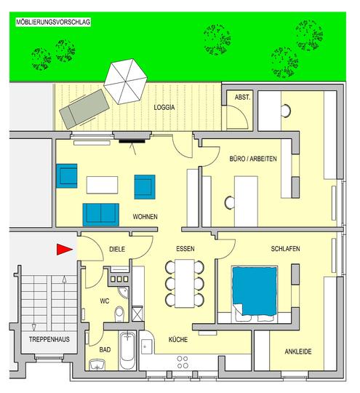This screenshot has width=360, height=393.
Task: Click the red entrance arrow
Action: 65,249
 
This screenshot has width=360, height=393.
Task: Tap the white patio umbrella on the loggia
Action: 125,82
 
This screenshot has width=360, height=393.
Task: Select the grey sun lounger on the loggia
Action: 84,108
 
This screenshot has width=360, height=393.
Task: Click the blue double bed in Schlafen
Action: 255,290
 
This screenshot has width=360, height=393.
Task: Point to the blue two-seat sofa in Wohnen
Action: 100,215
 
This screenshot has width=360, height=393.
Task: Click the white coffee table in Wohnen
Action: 103,185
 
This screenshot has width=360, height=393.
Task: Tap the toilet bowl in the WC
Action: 119,314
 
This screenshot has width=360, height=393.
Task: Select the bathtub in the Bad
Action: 127,350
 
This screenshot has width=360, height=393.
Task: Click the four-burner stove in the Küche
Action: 183,362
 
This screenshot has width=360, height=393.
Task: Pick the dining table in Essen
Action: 185,284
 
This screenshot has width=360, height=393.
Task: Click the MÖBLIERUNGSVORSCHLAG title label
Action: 53,22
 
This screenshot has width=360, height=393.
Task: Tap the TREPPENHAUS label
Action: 49,339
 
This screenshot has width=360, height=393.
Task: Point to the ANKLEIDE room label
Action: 298,352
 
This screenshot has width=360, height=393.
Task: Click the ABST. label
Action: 242,98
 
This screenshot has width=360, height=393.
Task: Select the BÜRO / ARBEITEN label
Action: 253,159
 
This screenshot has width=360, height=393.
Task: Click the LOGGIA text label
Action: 164,107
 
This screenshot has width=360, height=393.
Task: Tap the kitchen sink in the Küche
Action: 147,346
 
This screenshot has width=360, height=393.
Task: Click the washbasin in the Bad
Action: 97,365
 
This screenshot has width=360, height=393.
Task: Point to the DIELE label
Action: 117,249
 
